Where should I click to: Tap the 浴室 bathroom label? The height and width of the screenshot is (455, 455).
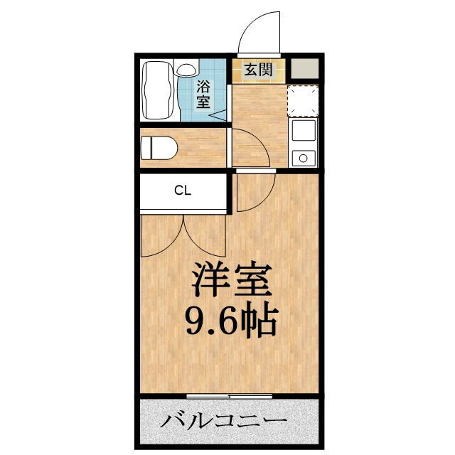203,95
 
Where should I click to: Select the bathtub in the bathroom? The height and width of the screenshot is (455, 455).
158,90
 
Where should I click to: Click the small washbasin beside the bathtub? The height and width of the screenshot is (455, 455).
186,69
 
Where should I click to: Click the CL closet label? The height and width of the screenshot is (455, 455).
183,191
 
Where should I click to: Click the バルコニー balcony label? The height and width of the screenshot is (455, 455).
223,422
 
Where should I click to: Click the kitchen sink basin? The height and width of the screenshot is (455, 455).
304,132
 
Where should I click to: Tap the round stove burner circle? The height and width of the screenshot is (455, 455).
304,157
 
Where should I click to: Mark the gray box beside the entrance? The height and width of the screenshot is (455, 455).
304,70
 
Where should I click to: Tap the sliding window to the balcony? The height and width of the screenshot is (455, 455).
230,395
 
